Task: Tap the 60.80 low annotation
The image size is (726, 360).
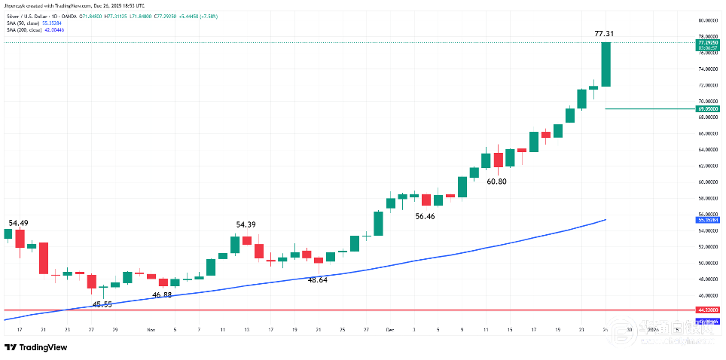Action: tap(496, 182)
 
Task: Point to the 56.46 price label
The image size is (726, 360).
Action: tap(426, 216)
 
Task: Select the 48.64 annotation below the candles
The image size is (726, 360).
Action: tap(318, 279)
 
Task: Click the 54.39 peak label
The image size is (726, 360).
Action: tap(246, 224)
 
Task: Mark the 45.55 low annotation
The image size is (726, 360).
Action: tap(102, 304)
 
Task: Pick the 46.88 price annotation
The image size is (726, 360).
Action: tap(162, 295)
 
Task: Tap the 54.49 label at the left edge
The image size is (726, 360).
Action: tap(18, 223)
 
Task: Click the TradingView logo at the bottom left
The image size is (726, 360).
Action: tap(35, 347)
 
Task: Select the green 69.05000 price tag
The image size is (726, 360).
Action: tap(707, 108)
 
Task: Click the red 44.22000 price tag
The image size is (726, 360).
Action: tap(707, 310)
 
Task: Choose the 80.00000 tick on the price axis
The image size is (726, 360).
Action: tap(707, 20)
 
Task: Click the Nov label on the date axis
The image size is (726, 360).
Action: tap(151, 330)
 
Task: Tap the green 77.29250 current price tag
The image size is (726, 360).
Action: tap(707, 44)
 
